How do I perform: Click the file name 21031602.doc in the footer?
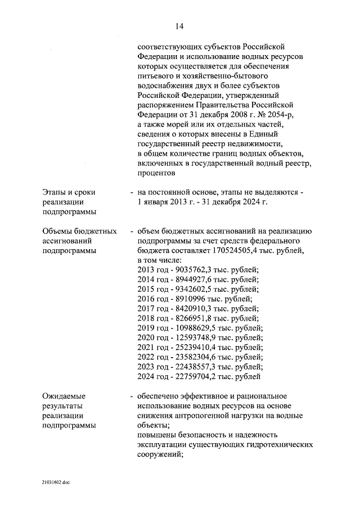click(56, 483)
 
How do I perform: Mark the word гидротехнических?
click(280, 445)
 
